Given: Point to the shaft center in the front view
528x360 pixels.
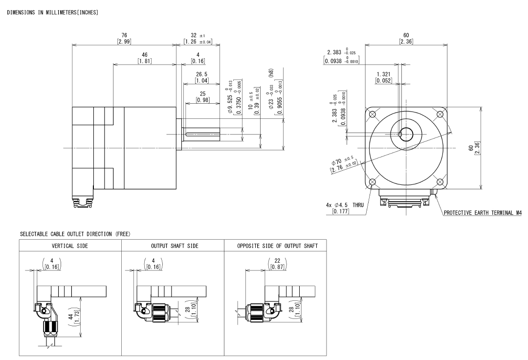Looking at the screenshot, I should (x=406, y=132).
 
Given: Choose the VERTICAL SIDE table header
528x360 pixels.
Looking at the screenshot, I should (x=70, y=246).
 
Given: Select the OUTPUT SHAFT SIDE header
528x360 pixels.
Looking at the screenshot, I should (x=172, y=246).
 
